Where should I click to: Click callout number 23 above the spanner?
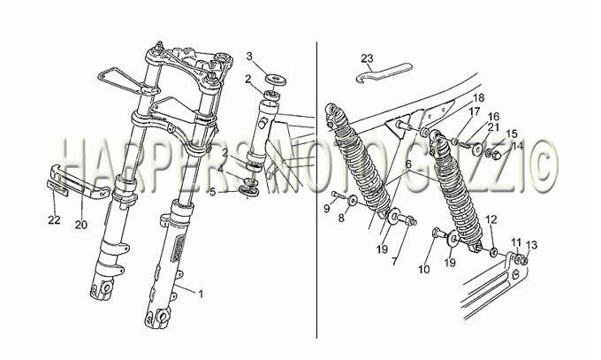tap(367, 58)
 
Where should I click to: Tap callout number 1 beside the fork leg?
tap(200, 295)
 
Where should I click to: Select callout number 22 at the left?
tap(55, 220)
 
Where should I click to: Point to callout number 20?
tap(81, 225)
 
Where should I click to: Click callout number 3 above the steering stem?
tap(249, 57)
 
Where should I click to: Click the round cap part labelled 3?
tap(275, 80)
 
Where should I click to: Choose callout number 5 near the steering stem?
tap(213, 192)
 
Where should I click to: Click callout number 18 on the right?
tap(478, 97)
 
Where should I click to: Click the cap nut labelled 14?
tap(496, 155)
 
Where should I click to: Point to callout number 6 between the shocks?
tap(408, 165)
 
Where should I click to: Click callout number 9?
tap(326, 209)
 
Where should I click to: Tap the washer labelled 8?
tap(353, 200)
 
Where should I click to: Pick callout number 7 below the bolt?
tap(394, 261)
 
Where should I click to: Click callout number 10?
tap(424, 270)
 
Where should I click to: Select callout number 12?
tap(491, 219)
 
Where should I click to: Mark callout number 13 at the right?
tap(532, 245)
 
